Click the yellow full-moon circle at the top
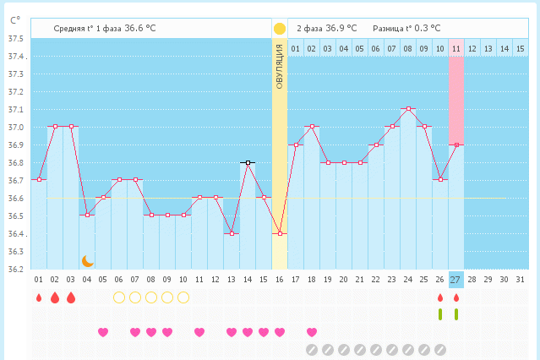(280, 28)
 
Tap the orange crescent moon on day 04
(87, 261)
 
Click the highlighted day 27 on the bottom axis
(455, 280)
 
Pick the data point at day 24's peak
(408, 108)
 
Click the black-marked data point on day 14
(248, 161)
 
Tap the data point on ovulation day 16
(280, 233)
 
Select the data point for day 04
(87, 215)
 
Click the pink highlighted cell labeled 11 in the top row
(455, 49)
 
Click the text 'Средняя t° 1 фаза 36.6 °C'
(105, 28)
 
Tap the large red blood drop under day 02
(55, 297)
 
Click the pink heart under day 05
(103, 332)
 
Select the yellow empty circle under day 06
(119, 297)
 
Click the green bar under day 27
(456, 314)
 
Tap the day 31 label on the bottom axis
(520, 280)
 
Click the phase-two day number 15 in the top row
(520, 49)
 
